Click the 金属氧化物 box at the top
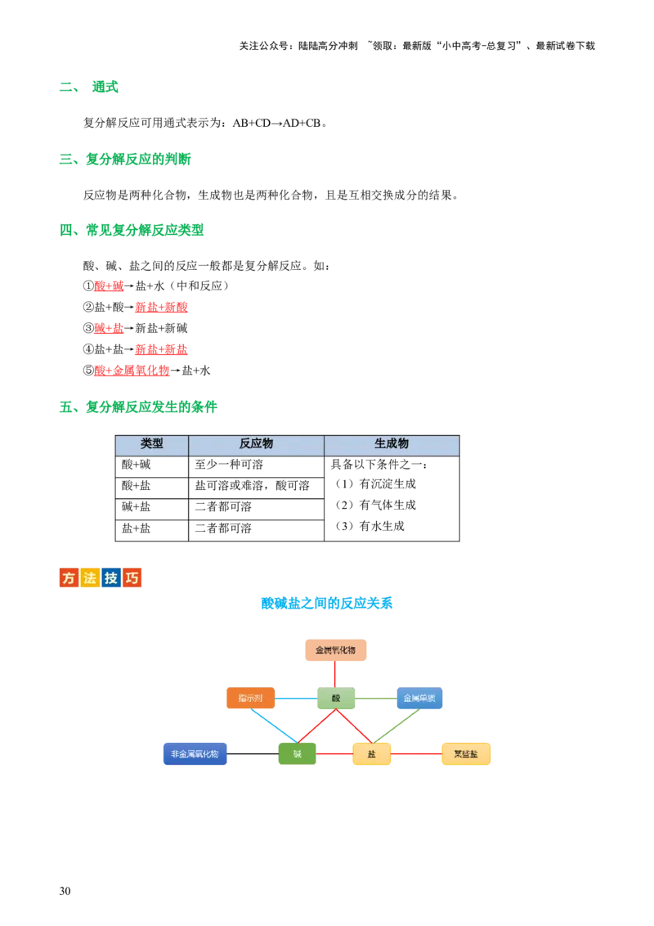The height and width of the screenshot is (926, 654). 335,650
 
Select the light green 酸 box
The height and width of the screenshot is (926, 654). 336,699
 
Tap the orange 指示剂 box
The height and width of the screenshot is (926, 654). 250,699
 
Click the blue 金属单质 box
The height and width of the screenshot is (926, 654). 419,699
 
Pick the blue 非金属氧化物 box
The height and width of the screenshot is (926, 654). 194,753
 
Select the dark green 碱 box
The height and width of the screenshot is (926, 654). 297,753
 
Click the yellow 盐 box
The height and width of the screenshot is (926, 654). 371,753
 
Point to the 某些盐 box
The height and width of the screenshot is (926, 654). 467,753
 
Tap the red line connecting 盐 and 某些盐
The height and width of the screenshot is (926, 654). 415,753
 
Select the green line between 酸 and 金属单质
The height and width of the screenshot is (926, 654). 376,699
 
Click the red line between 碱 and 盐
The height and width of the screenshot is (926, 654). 333,753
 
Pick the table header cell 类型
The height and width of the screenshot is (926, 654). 152,444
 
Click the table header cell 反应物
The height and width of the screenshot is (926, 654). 256,444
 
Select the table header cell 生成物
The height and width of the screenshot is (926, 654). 392,444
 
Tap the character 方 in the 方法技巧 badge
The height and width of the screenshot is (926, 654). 69,578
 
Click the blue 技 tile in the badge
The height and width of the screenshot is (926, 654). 110,578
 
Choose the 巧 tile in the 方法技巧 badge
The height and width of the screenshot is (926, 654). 132,578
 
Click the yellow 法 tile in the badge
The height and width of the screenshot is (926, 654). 90,578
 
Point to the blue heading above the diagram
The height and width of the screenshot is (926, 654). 327,605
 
